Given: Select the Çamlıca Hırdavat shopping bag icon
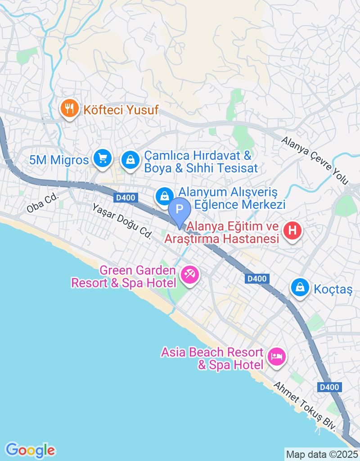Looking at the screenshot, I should pyautogui.click(x=130, y=160).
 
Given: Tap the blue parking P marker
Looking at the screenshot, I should pyautogui.click(x=180, y=209).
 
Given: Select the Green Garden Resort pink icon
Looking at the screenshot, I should pyautogui.click(x=189, y=274).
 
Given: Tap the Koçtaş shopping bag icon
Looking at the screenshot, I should pyautogui.click(x=299, y=287).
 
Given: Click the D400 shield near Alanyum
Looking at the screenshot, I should pyautogui.click(x=124, y=198).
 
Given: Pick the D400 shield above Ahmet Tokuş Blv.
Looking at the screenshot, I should pyautogui.click(x=329, y=387).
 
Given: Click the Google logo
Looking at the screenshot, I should pyautogui.click(x=30, y=450).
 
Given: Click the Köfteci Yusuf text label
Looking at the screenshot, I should pyautogui.click(x=120, y=109).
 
